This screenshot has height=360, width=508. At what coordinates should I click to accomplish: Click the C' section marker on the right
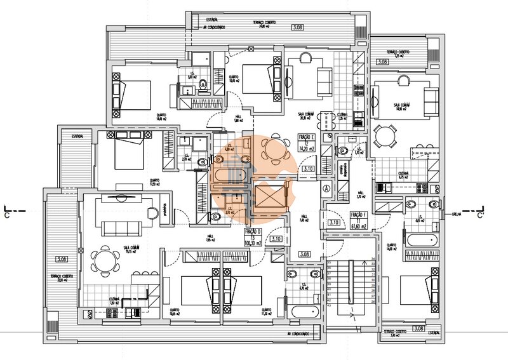[x=481, y=215]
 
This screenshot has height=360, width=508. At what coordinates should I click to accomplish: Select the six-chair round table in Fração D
[x=105, y=260]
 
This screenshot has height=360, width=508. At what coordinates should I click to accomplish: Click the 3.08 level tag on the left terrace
[x=62, y=259]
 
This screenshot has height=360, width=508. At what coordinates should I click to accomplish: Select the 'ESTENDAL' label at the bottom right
[x=434, y=332]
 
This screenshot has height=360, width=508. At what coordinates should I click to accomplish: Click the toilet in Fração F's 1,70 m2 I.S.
[x=344, y=150]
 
